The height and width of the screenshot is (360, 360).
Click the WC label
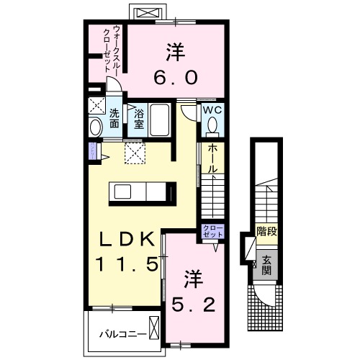pos(211,110)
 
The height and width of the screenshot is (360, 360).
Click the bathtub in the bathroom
pos(160,120)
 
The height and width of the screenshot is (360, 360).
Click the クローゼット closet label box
pos(212,232)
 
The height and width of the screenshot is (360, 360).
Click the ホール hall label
pos(212,158)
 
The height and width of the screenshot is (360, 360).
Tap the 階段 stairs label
pos(266,232)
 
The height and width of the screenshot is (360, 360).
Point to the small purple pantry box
pos(92,150)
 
